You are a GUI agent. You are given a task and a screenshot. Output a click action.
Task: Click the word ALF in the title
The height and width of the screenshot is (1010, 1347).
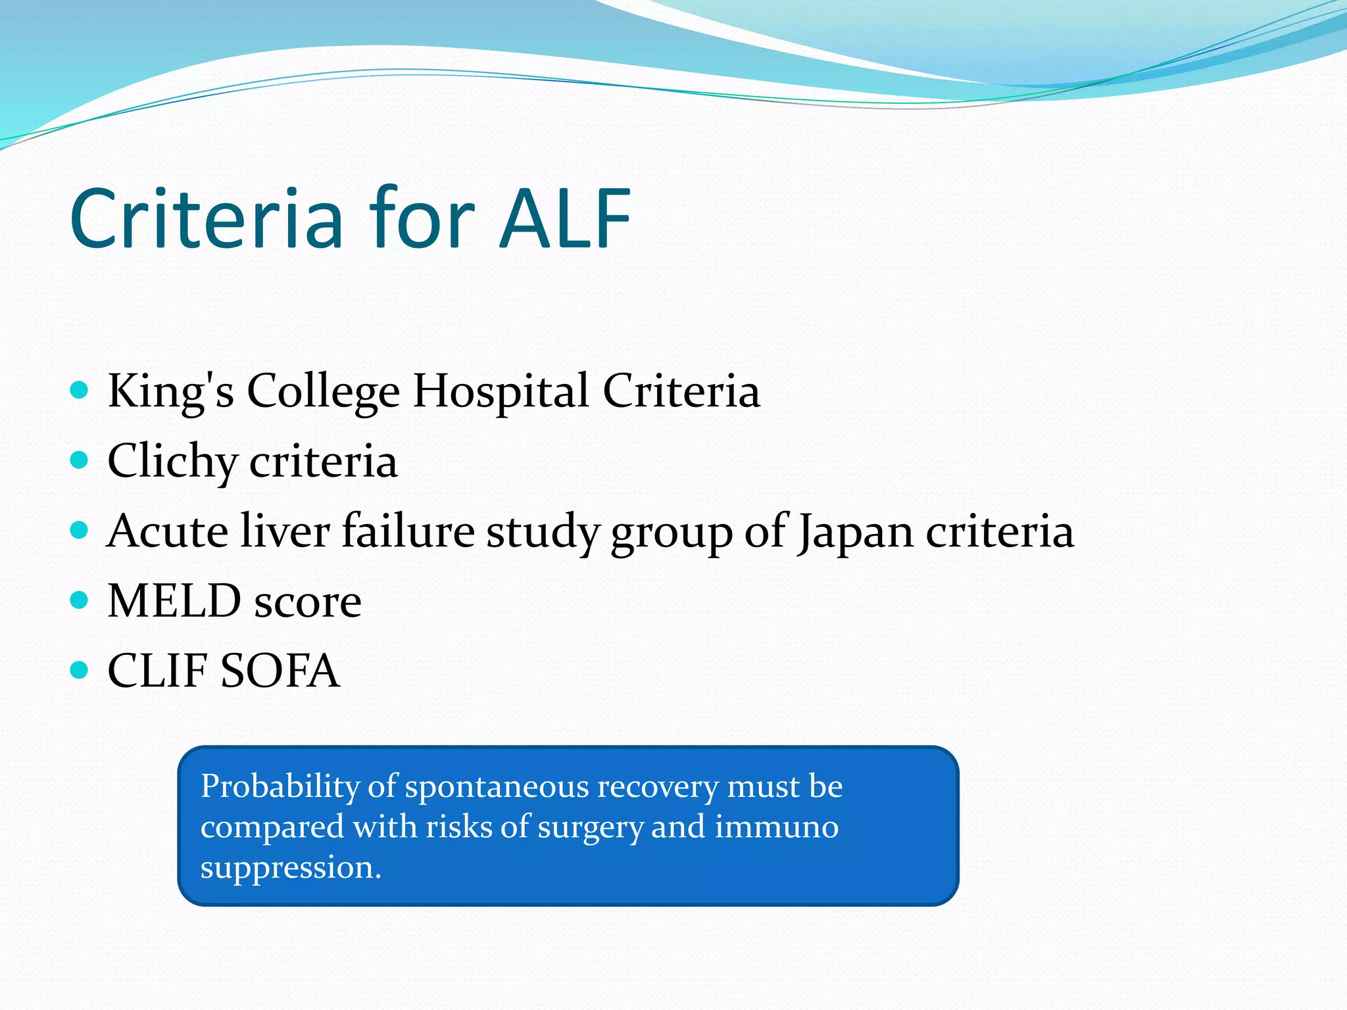click(x=564, y=219)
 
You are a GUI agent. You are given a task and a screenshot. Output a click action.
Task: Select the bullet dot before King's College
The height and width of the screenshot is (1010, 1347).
click(x=79, y=391)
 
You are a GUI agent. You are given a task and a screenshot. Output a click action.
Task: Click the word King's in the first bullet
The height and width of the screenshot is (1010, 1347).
click(x=170, y=392)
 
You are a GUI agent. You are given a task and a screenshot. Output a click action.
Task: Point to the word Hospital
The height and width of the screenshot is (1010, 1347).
click(x=501, y=392)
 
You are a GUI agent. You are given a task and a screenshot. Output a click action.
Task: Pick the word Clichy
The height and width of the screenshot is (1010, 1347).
click(x=172, y=462)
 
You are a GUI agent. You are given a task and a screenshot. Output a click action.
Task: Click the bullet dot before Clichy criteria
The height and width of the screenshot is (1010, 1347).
click(x=79, y=460)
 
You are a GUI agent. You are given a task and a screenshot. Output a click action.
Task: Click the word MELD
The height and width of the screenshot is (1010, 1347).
click(x=174, y=601)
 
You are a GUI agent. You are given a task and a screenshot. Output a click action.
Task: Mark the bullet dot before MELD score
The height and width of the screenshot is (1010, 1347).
click(x=79, y=600)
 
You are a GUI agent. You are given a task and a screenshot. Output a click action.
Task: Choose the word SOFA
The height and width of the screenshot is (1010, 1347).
click(x=280, y=671)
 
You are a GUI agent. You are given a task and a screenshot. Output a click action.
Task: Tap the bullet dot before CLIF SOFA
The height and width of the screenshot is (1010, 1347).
click(x=79, y=670)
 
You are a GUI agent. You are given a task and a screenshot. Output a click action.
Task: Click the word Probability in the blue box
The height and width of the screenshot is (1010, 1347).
click(x=279, y=786)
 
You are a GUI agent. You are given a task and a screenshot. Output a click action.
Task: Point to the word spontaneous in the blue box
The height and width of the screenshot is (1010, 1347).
click(x=496, y=786)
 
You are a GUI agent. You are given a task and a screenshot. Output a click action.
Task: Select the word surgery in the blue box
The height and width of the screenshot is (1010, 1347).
click(x=590, y=828)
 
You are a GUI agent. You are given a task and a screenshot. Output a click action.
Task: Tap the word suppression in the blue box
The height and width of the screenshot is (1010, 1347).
click(x=290, y=868)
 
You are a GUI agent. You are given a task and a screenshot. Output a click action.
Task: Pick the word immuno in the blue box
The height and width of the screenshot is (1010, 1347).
click(x=776, y=827)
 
